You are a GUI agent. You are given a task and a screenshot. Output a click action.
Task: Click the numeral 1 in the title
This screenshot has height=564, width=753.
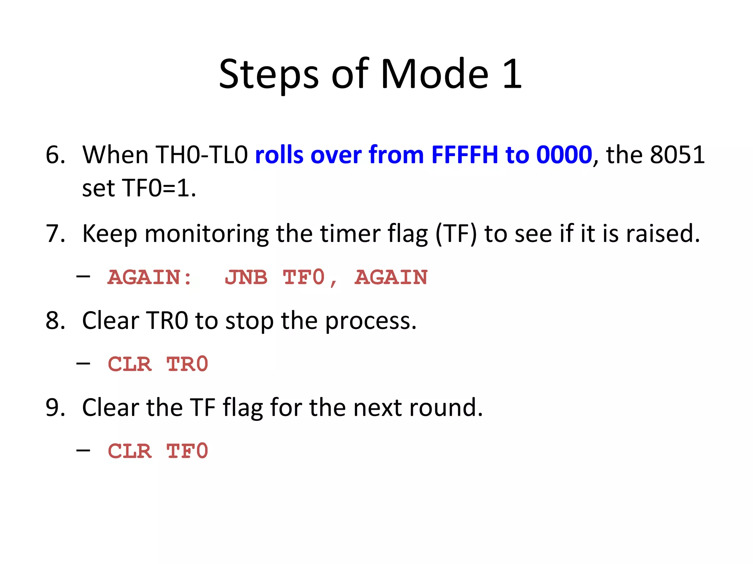(512, 74)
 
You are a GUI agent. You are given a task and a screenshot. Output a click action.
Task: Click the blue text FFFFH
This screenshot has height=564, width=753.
(464, 155)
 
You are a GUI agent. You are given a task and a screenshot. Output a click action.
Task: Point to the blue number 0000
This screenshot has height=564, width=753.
(564, 155)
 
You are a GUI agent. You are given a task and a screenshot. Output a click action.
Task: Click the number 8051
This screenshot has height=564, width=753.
(677, 155)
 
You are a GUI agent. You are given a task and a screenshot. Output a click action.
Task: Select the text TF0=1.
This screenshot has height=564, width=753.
(158, 188)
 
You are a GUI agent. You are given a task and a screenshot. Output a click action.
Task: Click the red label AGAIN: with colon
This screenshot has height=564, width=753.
(150, 277)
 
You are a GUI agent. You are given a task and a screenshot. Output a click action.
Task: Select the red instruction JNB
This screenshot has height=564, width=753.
(246, 277)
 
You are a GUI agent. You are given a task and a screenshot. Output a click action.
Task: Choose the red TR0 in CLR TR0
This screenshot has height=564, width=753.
(188, 364)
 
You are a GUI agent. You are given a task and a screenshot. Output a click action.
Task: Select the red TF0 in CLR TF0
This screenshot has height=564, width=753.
(188, 451)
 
